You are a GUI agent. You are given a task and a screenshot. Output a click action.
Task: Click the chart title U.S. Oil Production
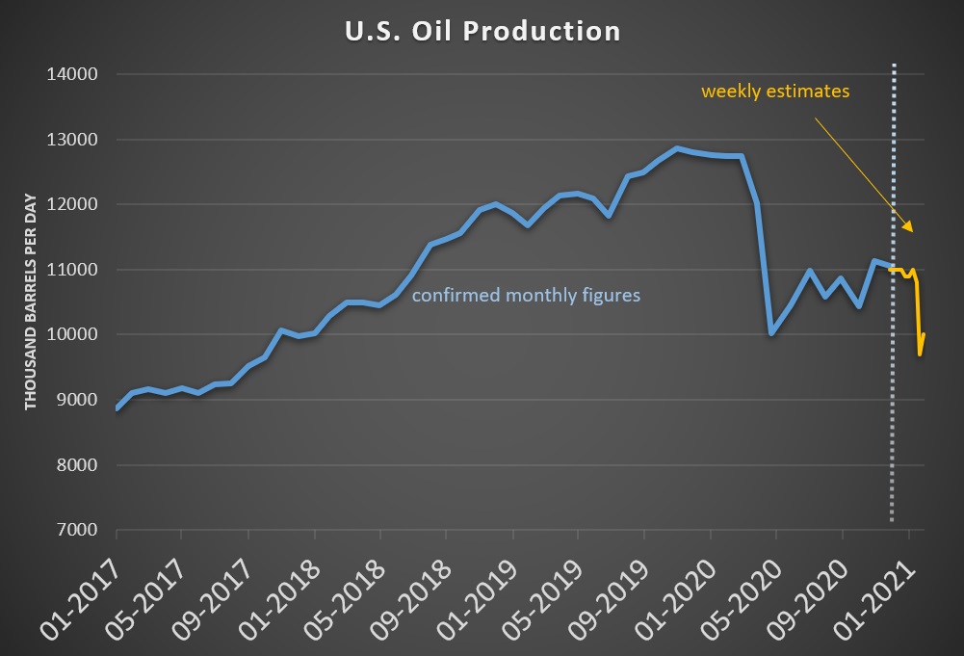[x=482, y=30]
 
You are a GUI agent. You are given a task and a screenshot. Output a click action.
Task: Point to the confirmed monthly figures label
[x=526, y=296]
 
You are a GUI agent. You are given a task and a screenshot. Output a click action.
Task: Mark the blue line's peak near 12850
[x=677, y=148]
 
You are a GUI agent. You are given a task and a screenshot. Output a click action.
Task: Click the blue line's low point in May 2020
[x=771, y=333]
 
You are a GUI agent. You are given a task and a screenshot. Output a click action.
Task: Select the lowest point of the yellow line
[x=920, y=354]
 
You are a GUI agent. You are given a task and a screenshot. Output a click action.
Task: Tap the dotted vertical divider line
[x=894, y=289]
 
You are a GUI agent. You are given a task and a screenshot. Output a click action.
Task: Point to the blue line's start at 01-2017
[x=117, y=408]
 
